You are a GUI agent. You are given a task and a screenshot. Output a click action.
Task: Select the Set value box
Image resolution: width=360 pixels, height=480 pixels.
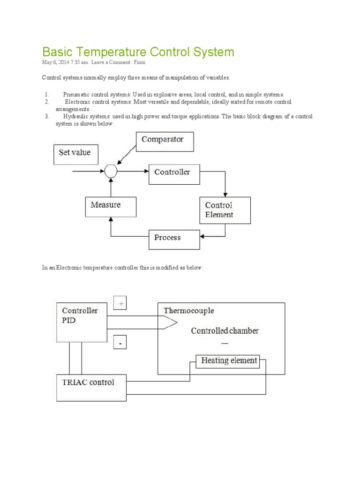click(76, 154)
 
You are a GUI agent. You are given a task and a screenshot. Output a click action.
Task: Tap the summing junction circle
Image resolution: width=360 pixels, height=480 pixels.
click(111, 172)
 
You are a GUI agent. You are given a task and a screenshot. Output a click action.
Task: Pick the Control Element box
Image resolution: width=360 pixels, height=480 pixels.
click(225, 210)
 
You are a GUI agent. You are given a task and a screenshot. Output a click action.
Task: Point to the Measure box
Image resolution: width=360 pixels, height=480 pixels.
click(111, 206)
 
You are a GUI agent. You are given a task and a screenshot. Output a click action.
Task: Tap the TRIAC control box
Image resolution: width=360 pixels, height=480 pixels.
click(91, 387)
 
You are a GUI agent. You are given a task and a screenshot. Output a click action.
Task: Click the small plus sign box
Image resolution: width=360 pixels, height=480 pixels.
click(120, 304)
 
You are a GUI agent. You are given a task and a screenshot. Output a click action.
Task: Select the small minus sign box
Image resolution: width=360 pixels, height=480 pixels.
click(120, 344)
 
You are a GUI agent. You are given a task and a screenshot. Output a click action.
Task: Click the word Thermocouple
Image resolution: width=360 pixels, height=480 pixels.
click(188, 310)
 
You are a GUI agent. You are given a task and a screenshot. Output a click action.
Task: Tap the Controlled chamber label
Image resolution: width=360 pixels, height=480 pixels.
click(225, 330)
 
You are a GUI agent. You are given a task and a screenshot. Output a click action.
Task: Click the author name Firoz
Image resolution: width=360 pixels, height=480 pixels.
click(140, 62)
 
